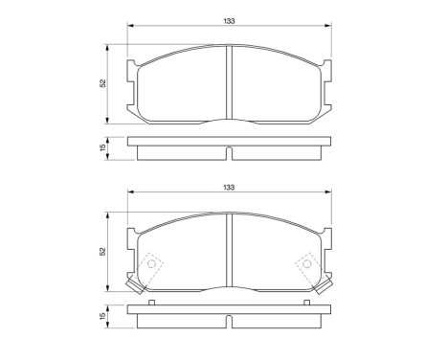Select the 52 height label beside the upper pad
coord(101,83)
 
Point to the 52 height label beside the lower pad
coord(101,250)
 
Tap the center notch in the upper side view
coord(229,150)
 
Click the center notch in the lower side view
coord(229,318)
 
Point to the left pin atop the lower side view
coord(152,304)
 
